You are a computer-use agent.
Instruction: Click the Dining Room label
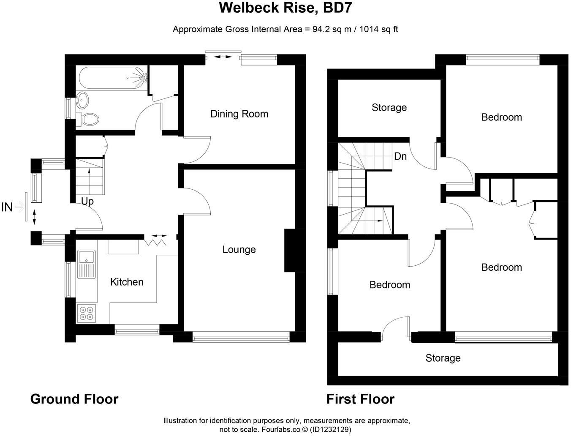click(239, 114)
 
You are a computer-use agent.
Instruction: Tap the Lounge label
click(239, 250)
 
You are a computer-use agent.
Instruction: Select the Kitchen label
click(127, 282)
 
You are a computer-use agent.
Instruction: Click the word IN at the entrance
click(7, 207)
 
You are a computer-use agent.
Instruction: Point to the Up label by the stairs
click(87, 201)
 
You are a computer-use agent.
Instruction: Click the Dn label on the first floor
click(400, 156)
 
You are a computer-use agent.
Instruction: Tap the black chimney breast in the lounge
click(290, 250)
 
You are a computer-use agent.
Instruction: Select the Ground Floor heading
click(74, 399)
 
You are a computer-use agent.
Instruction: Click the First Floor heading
click(360, 399)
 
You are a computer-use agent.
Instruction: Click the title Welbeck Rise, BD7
click(285, 8)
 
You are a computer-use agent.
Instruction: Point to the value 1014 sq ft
click(378, 29)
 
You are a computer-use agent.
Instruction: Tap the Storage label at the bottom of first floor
click(443, 358)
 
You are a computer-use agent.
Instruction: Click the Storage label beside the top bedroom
click(389, 108)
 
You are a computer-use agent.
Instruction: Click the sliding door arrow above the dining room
click(223, 56)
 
